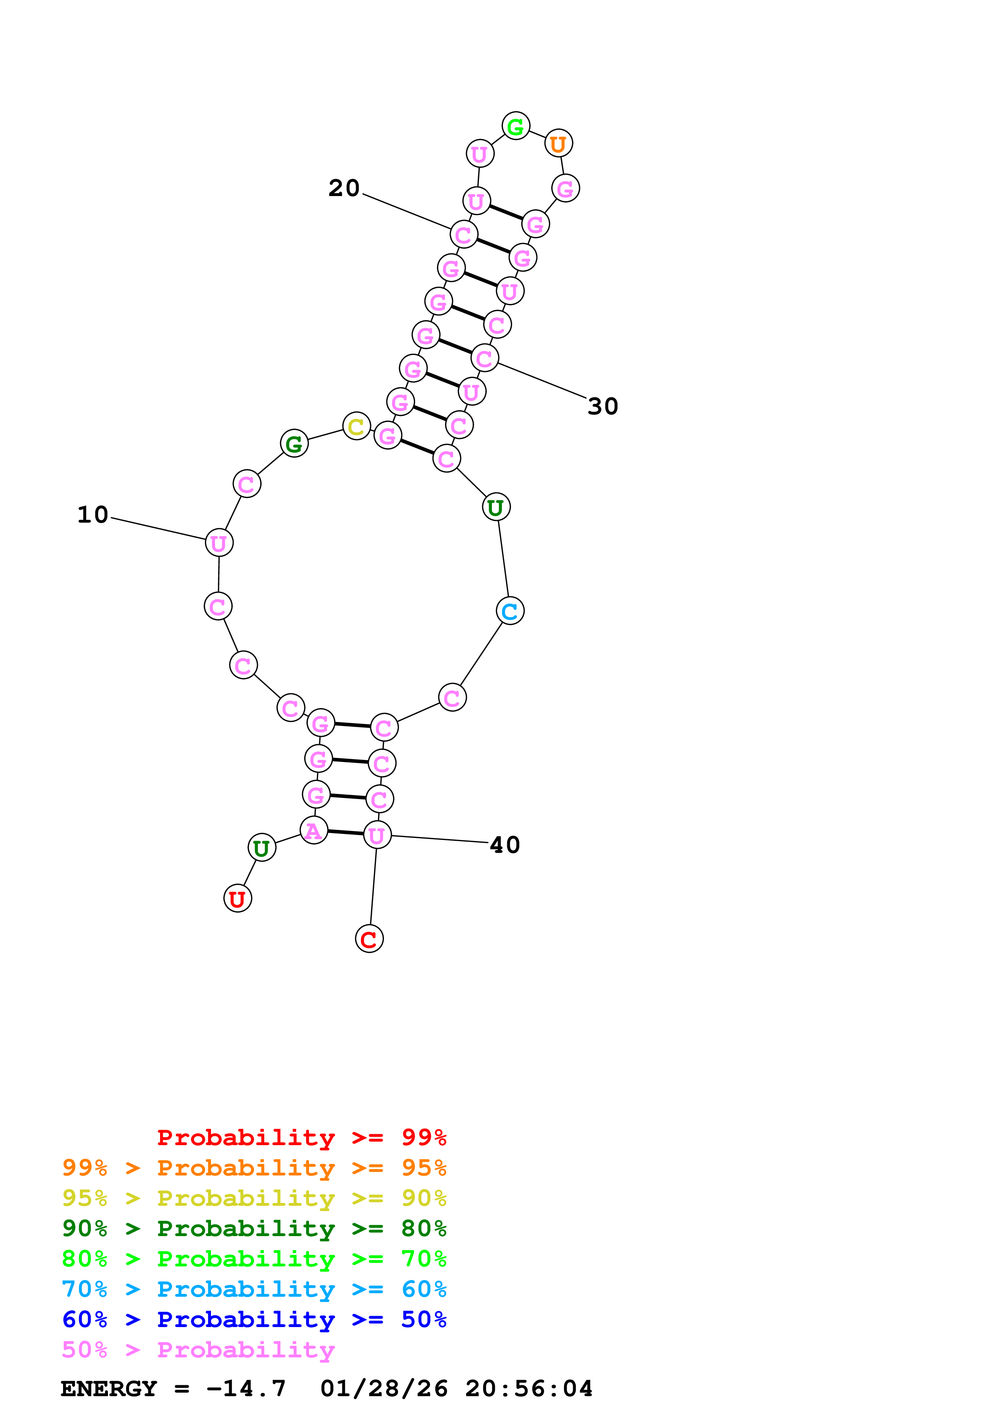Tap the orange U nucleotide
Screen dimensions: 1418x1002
point(558,144)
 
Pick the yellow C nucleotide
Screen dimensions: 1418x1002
point(356,426)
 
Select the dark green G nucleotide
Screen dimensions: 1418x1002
point(294,443)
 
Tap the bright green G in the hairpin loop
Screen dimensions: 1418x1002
point(515,127)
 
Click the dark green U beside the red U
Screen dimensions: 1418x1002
point(262,848)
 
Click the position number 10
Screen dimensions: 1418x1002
point(93,515)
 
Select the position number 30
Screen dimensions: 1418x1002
point(603,406)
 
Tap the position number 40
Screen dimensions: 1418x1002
point(504,845)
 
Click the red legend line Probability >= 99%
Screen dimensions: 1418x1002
point(301,1137)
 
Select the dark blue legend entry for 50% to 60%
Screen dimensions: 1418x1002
point(254,1319)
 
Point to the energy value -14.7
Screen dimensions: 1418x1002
point(246,1388)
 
